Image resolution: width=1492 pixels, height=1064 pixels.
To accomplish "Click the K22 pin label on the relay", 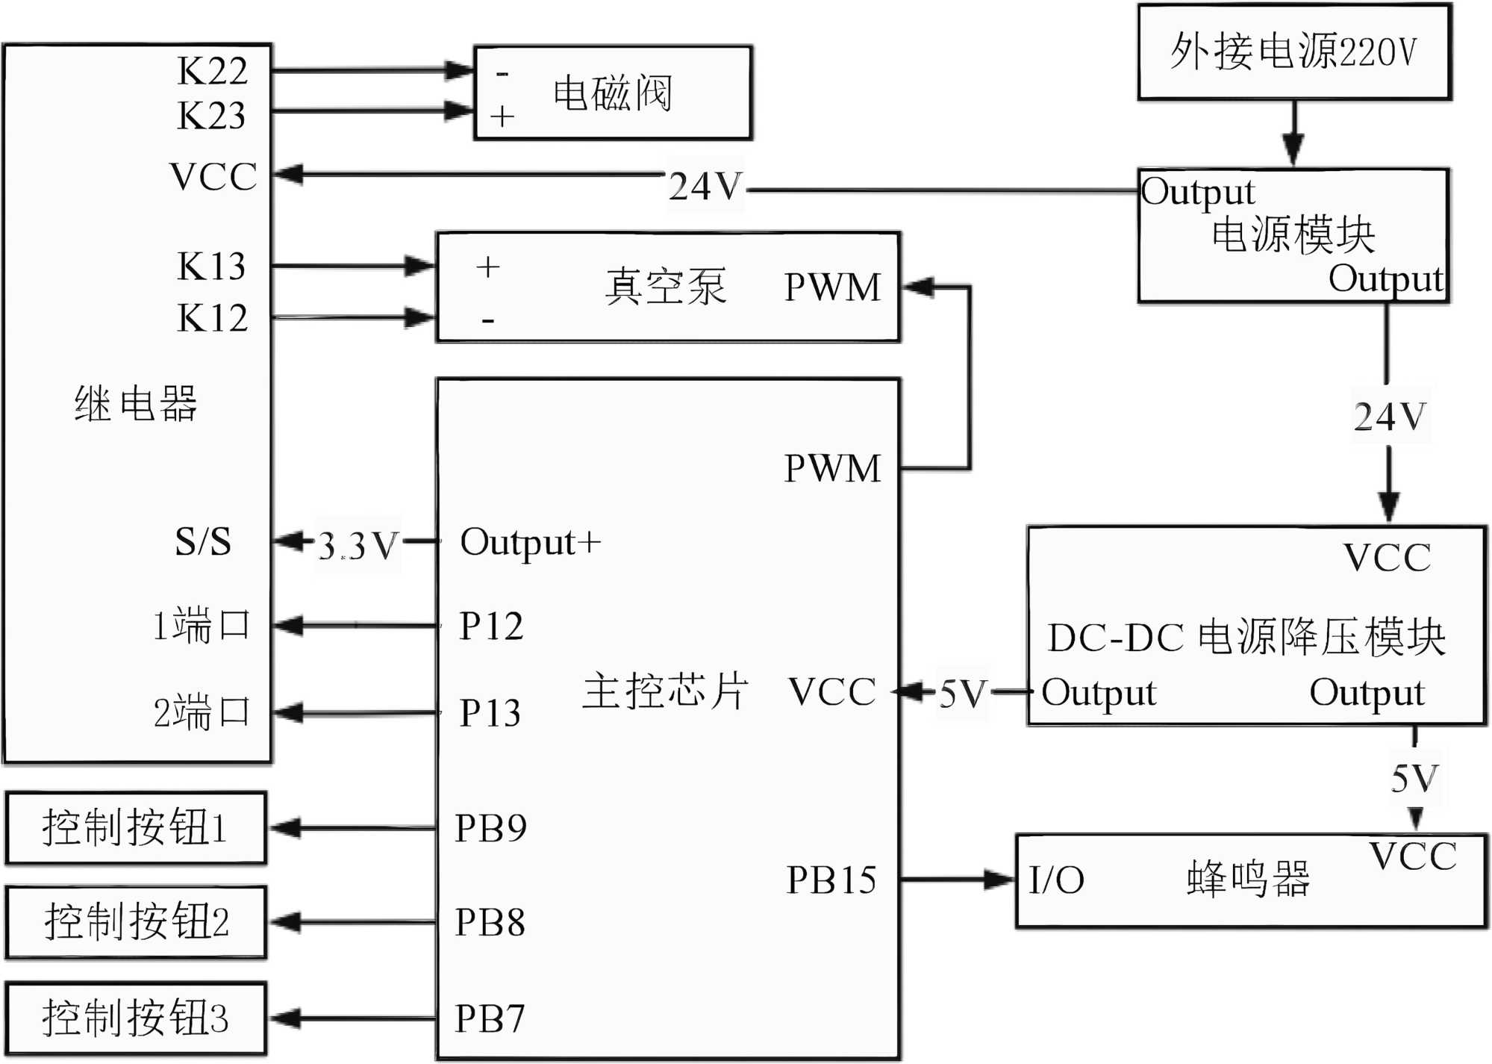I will click(212, 72).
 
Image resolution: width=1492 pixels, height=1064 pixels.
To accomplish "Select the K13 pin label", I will click(211, 267).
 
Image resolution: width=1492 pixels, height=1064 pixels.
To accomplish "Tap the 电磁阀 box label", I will click(612, 94).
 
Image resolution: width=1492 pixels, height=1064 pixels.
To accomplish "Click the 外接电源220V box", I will click(1293, 52).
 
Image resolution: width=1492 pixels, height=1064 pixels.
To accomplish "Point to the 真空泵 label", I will click(665, 287).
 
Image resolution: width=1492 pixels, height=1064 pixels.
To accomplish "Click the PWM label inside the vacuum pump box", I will click(832, 287).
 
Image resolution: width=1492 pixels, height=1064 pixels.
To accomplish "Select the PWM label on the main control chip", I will click(832, 469).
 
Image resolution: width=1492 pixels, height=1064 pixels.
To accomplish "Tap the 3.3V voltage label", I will click(358, 546).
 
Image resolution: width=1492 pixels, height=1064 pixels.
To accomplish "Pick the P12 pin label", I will click(490, 626).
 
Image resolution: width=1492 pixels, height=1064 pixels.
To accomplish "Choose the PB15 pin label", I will click(831, 880).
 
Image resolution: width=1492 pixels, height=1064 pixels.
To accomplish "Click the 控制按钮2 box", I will click(136, 922).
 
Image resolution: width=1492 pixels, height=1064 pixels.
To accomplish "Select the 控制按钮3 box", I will click(136, 1018).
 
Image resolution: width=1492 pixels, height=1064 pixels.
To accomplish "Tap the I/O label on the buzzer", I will click(1056, 880).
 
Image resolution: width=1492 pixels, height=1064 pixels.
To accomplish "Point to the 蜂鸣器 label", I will click(1248, 879).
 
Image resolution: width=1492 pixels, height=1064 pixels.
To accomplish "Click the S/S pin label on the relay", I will click(203, 541).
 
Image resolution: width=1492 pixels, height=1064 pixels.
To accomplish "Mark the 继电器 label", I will click(136, 405).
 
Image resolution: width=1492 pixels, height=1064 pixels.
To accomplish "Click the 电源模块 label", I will click(1293, 235).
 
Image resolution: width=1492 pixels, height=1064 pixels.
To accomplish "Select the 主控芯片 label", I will click(665, 691).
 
